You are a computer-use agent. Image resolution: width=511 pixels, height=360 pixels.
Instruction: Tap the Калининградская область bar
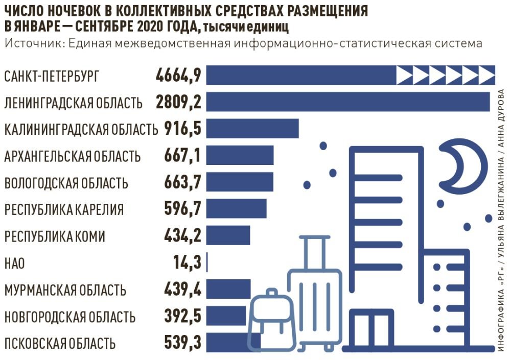(253, 129)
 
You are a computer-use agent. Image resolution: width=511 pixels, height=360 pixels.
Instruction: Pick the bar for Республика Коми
(228, 236)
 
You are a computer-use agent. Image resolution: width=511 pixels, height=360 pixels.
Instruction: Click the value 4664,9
(178, 76)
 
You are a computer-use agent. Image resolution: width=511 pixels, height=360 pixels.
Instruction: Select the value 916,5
(183, 129)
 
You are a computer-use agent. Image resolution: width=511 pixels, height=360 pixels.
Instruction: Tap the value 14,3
(187, 263)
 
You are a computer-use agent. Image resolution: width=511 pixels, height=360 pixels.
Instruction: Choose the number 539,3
(183, 343)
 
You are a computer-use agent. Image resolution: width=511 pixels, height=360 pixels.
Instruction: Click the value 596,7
(183, 209)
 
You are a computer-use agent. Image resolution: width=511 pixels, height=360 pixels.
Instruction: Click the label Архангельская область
(72, 156)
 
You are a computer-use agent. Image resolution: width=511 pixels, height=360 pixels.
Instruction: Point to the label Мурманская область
(65, 291)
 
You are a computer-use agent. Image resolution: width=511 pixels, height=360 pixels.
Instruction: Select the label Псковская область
(60, 344)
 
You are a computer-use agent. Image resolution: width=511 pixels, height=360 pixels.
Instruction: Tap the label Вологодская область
(66, 183)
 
